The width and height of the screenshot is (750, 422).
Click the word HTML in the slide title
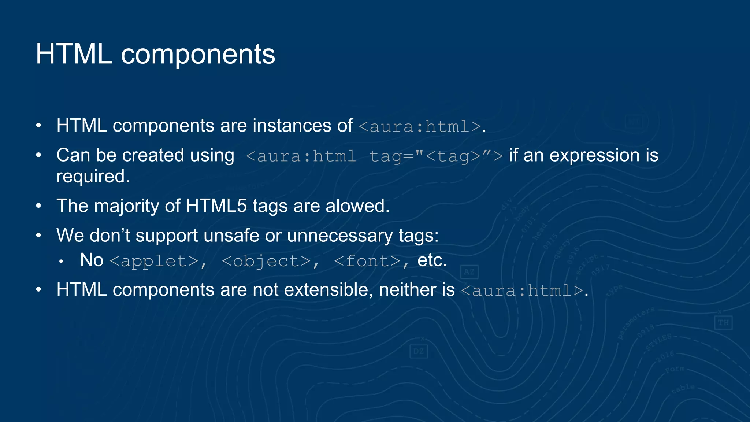pyautogui.click(x=74, y=54)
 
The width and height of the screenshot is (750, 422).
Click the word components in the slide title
pyautogui.click(x=198, y=55)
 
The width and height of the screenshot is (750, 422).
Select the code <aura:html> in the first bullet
pyautogui.click(x=420, y=127)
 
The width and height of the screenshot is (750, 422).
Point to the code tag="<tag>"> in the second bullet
pyautogui.click(x=436, y=156)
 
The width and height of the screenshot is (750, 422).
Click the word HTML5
pyautogui.click(x=216, y=206)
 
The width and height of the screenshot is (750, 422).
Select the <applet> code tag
pyautogui.click(x=154, y=261)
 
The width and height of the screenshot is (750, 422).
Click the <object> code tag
pyautogui.click(x=266, y=261)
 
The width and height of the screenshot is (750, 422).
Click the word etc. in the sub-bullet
pyautogui.click(x=432, y=260)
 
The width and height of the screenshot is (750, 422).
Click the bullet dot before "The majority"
pyautogui.click(x=39, y=206)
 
